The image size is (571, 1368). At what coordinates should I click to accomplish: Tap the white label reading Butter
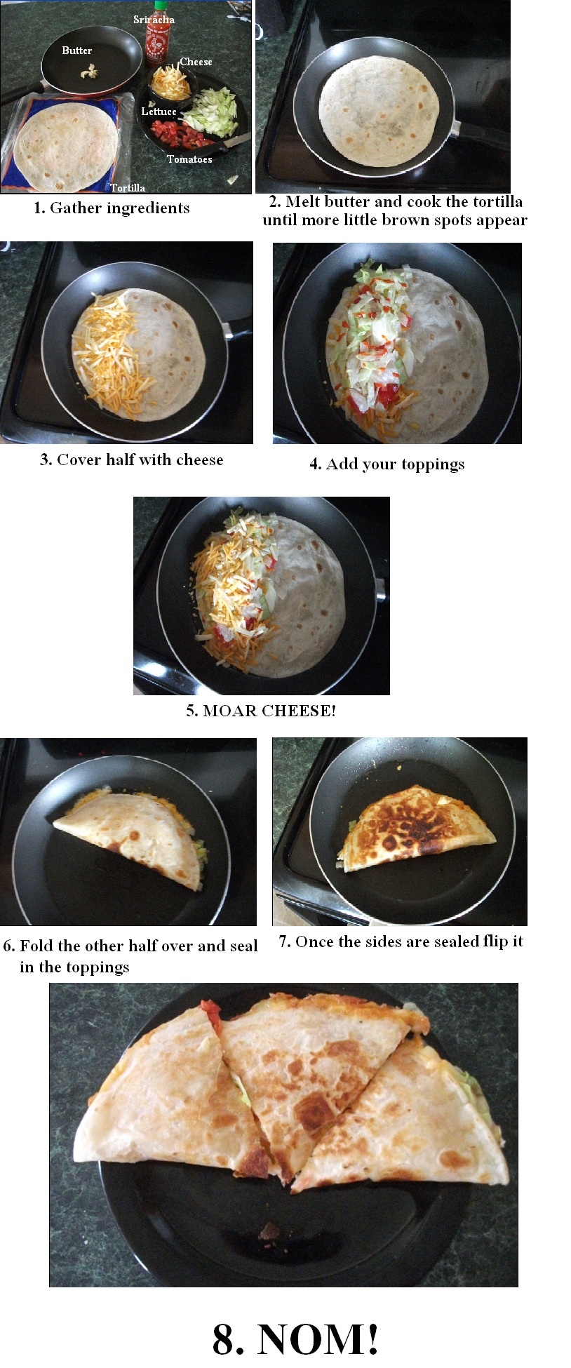point(76,51)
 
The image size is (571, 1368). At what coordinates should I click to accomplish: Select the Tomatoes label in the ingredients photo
point(189,159)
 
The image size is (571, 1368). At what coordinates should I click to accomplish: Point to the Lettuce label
point(159,112)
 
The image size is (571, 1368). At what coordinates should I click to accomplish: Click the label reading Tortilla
point(128,187)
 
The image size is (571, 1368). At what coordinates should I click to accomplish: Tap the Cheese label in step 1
point(196,62)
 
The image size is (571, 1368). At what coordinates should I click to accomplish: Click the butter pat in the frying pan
point(88,70)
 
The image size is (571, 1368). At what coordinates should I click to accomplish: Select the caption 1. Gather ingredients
point(112,208)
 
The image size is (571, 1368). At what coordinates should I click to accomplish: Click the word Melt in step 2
point(303,201)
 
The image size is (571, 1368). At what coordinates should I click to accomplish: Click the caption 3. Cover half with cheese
point(132,460)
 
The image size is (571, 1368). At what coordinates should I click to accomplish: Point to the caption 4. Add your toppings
point(387,464)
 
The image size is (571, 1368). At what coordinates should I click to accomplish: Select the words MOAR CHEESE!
point(269,711)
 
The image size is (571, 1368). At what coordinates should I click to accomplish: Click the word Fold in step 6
point(36,946)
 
